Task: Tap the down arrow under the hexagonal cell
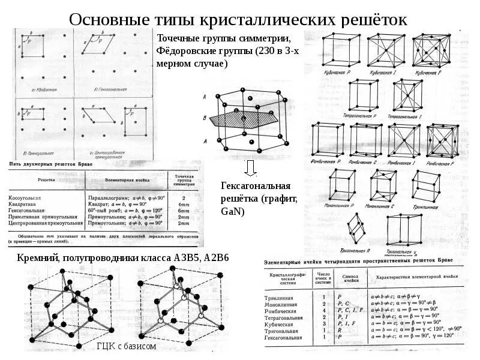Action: tap(250, 167)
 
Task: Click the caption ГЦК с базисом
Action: tap(126, 346)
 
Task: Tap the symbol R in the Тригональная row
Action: tap(340, 330)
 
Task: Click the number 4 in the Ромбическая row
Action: tap(324, 310)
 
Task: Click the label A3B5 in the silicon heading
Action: tap(182, 257)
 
